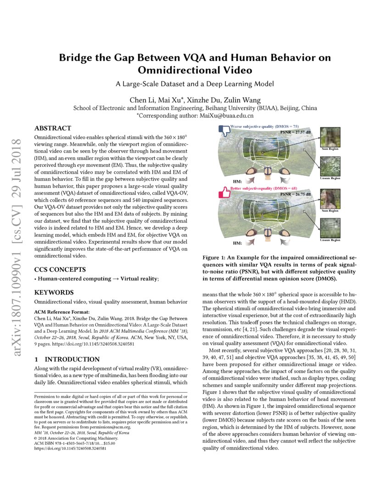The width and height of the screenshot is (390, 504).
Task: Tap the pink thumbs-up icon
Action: (x=224, y=192)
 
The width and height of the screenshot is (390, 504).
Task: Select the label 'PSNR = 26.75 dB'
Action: (x=295, y=194)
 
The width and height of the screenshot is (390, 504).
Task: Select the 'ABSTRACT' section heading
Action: (x=53, y=128)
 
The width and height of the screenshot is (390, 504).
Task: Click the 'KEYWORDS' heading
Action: (x=54, y=292)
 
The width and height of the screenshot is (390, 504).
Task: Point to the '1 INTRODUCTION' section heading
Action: (x=67, y=359)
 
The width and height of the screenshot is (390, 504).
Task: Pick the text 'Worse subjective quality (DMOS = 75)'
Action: (x=264, y=126)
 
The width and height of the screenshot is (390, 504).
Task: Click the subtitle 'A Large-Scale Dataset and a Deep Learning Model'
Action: (x=195, y=84)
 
